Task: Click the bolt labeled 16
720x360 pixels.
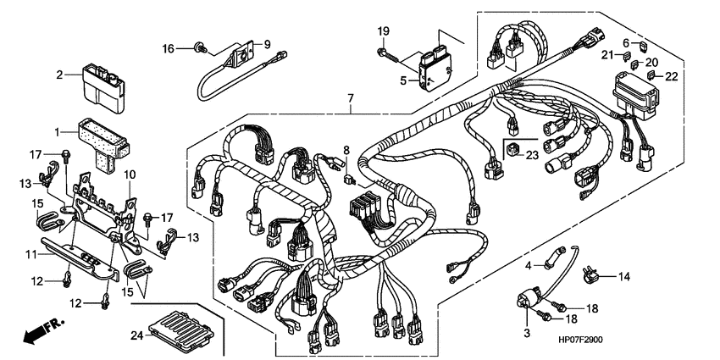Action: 201,48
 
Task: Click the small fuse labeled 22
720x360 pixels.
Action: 653,75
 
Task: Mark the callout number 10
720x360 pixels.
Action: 130,174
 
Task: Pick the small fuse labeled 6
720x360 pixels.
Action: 643,44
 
